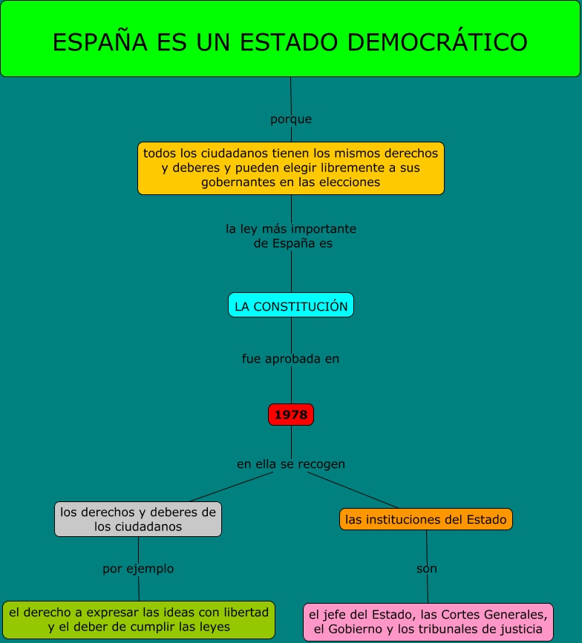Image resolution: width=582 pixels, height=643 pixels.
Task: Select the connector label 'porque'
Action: click(x=291, y=119)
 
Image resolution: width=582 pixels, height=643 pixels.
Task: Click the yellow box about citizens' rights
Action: click(x=291, y=168)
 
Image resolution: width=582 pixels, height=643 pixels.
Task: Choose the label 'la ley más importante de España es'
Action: click(x=291, y=236)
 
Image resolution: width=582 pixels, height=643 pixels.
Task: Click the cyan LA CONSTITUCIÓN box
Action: click(x=291, y=306)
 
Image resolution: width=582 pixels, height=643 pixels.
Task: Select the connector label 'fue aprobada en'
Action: click(x=291, y=359)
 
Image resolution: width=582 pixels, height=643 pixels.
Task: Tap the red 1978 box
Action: click(x=291, y=415)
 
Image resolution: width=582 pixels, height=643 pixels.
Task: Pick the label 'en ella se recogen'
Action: click(x=291, y=464)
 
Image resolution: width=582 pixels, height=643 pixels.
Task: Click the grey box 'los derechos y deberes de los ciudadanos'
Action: click(x=138, y=519)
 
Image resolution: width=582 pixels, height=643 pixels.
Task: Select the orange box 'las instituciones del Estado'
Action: click(x=426, y=519)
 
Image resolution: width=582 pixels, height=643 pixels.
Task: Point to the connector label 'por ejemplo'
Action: click(x=138, y=569)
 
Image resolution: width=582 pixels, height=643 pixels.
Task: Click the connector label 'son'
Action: click(x=427, y=569)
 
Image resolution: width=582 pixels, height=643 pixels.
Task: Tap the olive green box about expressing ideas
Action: click(x=138, y=619)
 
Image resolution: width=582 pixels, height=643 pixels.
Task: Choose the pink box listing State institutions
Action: click(x=428, y=621)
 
